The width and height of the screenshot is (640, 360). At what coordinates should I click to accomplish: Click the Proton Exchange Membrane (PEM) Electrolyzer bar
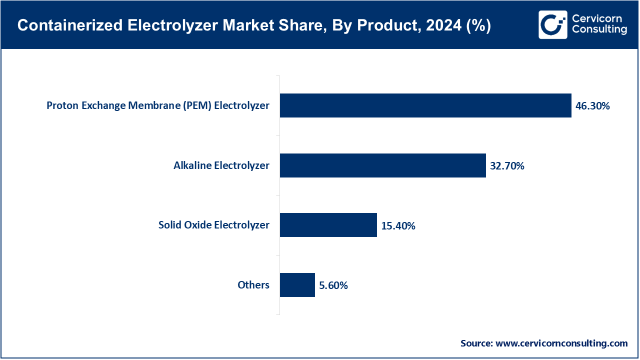(x=425, y=105)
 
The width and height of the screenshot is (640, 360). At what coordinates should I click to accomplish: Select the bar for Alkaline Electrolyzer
(x=382, y=165)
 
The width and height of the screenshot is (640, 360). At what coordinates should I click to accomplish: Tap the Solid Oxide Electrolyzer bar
(x=328, y=225)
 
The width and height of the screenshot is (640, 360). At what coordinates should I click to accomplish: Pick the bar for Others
(x=297, y=285)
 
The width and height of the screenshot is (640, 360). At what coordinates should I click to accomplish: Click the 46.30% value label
(x=592, y=106)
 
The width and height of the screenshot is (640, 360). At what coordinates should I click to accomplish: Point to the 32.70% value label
(x=507, y=166)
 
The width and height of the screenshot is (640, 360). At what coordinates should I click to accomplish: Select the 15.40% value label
(x=398, y=226)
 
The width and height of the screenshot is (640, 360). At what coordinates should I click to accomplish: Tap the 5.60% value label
(x=333, y=286)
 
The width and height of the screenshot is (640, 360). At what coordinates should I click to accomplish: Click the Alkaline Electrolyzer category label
(x=221, y=165)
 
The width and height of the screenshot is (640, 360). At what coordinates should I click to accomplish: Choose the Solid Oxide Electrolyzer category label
(x=214, y=225)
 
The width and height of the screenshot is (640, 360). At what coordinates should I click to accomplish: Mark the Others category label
(x=253, y=285)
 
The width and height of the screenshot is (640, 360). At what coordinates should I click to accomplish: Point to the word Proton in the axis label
(x=62, y=105)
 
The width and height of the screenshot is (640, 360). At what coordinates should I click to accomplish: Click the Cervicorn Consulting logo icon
(x=552, y=24)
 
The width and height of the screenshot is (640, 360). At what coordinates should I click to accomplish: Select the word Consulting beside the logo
(x=599, y=30)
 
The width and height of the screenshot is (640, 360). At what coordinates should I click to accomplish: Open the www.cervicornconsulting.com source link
(x=561, y=343)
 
